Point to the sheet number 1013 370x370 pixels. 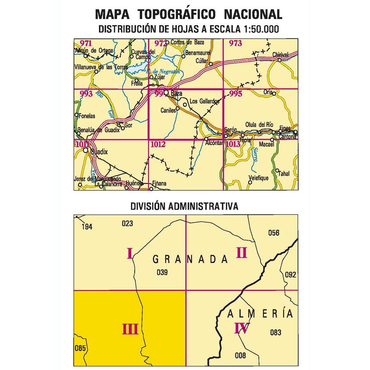(233, 144)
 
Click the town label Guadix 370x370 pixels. (99, 152)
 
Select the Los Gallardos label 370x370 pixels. (201, 101)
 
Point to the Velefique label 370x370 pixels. (258, 178)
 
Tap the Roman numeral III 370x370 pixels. (129, 329)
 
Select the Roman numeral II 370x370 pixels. (241, 253)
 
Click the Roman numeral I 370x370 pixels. (129, 253)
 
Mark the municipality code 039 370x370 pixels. (163, 272)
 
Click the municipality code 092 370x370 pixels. (290, 275)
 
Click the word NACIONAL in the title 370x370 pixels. (253, 14)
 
